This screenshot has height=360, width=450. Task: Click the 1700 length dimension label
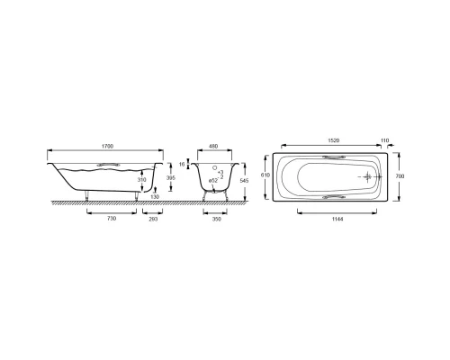point(107,146)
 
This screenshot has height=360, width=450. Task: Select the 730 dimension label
point(112,219)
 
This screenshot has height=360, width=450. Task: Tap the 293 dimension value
point(153,219)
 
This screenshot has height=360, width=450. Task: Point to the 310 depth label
point(142,180)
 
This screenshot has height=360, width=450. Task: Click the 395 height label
point(171,177)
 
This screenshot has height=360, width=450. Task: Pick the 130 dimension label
point(155,197)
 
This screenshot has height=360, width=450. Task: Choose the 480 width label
point(213,147)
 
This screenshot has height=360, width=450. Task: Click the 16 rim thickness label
point(182,164)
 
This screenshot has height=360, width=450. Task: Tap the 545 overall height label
point(245,181)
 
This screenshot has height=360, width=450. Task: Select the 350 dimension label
point(217,219)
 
